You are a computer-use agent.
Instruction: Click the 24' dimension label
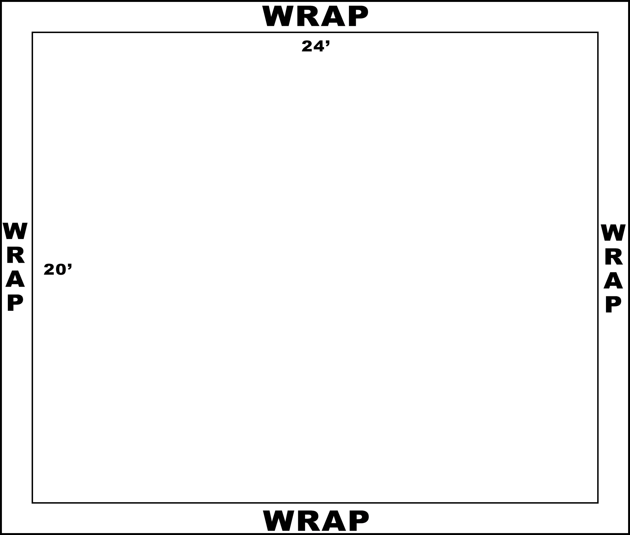point(315,46)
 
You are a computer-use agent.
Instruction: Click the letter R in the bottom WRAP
point(309,520)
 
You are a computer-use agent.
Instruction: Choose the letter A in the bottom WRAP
point(334,520)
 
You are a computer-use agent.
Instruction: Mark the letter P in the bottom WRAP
point(359,520)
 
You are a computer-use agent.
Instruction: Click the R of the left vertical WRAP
point(15,255)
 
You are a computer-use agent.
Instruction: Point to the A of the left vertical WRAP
point(15,278)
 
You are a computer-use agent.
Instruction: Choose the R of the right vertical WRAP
point(614,256)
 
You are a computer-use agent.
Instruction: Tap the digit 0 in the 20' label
point(61,269)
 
